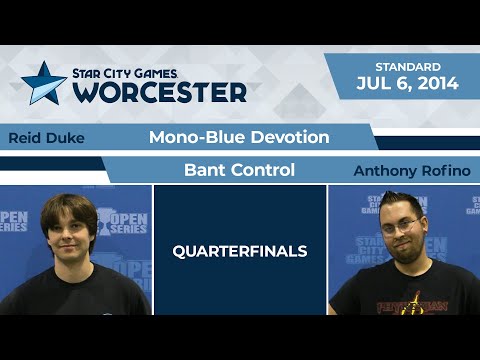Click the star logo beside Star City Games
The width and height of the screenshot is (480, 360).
[43, 83]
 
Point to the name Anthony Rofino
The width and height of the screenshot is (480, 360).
[411, 171]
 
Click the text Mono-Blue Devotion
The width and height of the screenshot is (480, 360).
[239, 137]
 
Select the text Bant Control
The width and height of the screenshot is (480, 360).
[239, 170]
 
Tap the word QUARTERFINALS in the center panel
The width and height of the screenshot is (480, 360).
[239, 251]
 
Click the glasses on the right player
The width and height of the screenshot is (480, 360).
[401, 227]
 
